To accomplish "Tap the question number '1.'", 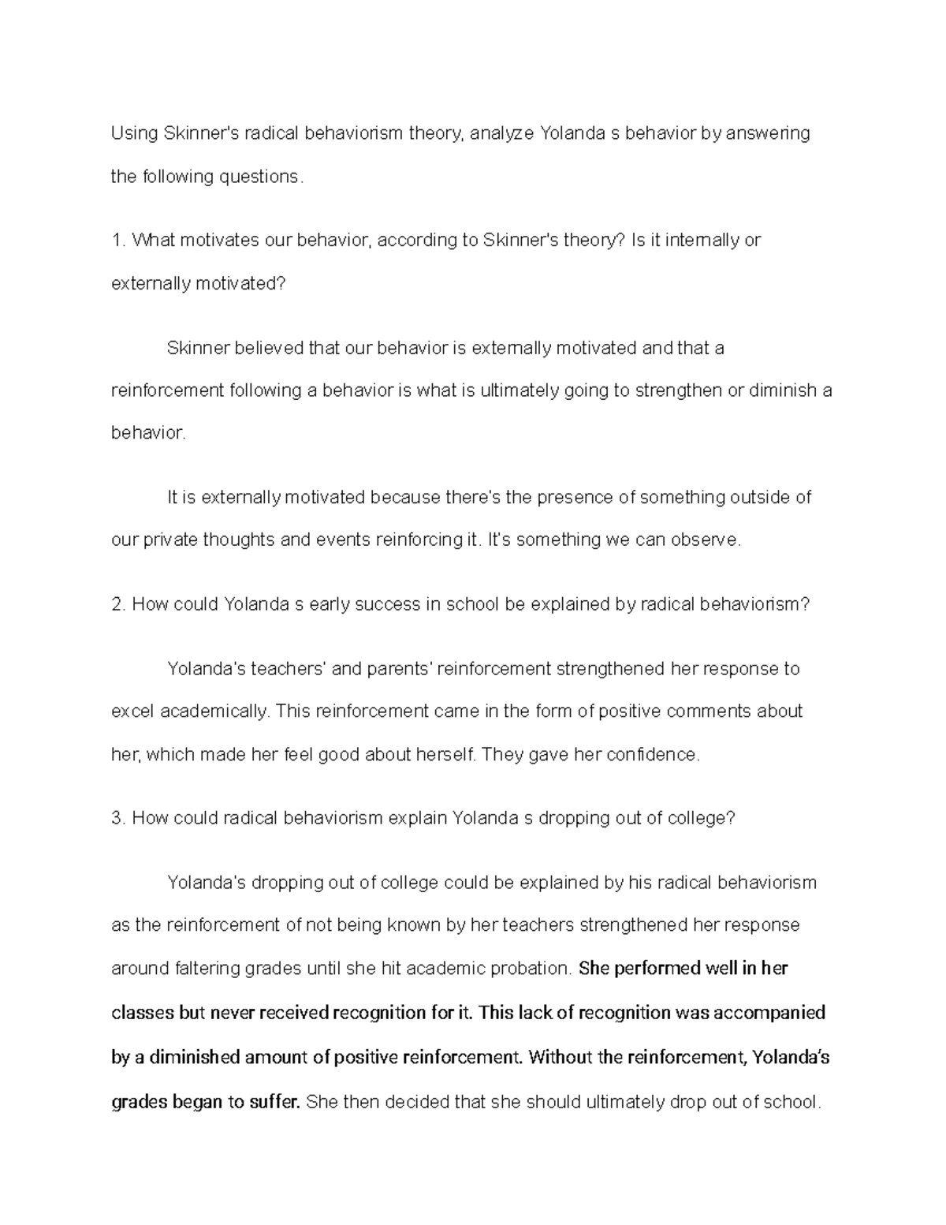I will point(119,241).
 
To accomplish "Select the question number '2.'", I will point(119,605).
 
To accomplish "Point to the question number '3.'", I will point(119,819).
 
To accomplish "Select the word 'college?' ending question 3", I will point(701,819).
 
